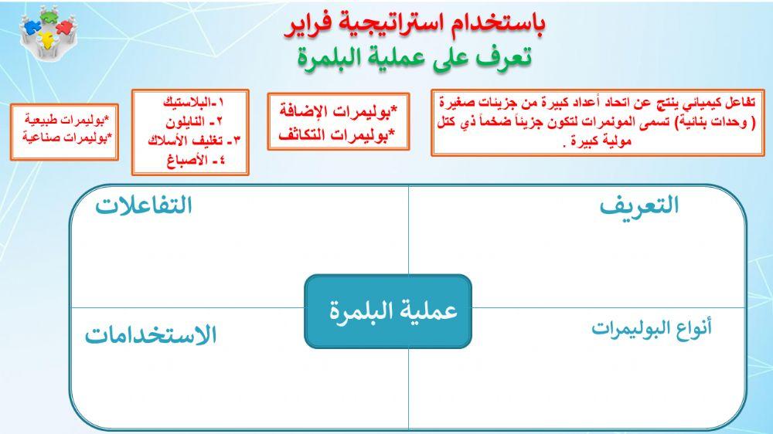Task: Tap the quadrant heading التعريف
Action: click(x=638, y=206)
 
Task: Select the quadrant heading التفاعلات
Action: click(x=144, y=206)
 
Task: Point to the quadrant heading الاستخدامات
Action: click(x=151, y=336)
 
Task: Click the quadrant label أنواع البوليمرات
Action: click(x=652, y=327)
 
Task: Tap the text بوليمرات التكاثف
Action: click(x=339, y=134)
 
